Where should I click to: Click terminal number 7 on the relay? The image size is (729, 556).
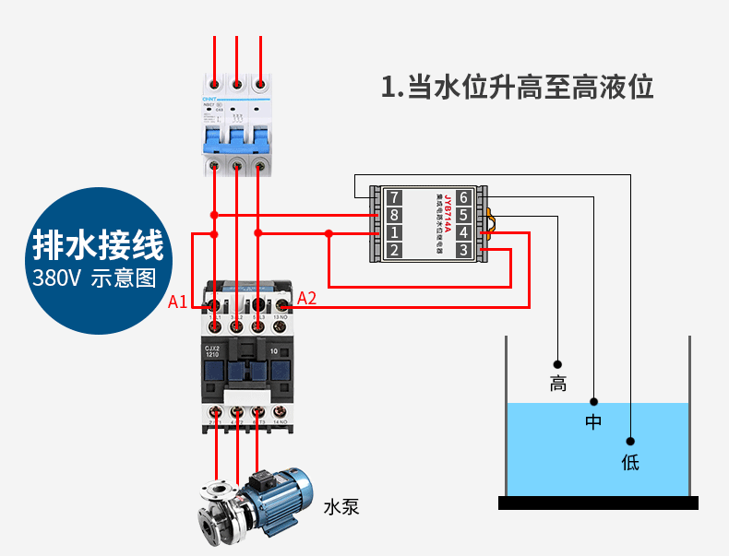pyautogui.click(x=394, y=197)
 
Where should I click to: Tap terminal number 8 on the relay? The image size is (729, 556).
pyautogui.click(x=394, y=215)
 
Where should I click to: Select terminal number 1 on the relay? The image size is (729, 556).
pyautogui.click(x=394, y=232)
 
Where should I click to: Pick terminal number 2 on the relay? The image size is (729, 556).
pyautogui.click(x=394, y=250)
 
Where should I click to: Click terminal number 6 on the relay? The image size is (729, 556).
pyautogui.click(x=463, y=197)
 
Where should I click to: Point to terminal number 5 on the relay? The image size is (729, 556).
pyautogui.click(x=463, y=215)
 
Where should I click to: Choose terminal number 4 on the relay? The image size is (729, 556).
pyautogui.click(x=463, y=232)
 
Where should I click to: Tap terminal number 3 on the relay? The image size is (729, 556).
pyautogui.click(x=463, y=250)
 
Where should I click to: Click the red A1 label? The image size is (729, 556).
pyautogui.click(x=178, y=302)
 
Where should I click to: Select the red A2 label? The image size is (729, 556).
pyautogui.click(x=306, y=298)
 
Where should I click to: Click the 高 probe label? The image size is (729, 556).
pyautogui.click(x=558, y=384)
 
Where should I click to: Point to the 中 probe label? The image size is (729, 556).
pyautogui.click(x=593, y=422)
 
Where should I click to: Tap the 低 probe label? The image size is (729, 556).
pyautogui.click(x=630, y=462)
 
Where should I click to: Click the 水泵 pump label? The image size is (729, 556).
pyautogui.click(x=341, y=506)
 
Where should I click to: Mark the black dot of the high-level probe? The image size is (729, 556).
pyautogui.click(x=557, y=362)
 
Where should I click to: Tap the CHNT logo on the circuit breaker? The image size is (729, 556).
pyautogui.click(x=210, y=100)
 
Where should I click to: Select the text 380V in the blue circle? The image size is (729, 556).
pyautogui.click(x=57, y=278)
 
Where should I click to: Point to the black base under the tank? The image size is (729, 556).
pyautogui.click(x=598, y=503)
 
